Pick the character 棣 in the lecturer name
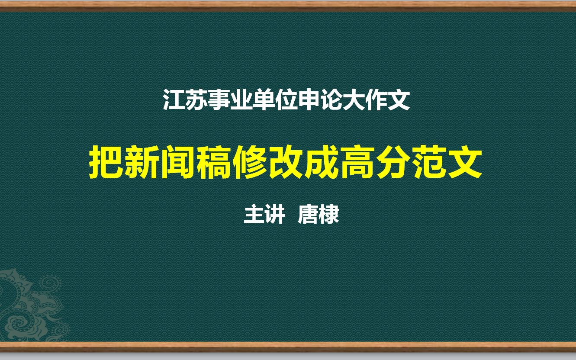pyautogui.click(x=328, y=215)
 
